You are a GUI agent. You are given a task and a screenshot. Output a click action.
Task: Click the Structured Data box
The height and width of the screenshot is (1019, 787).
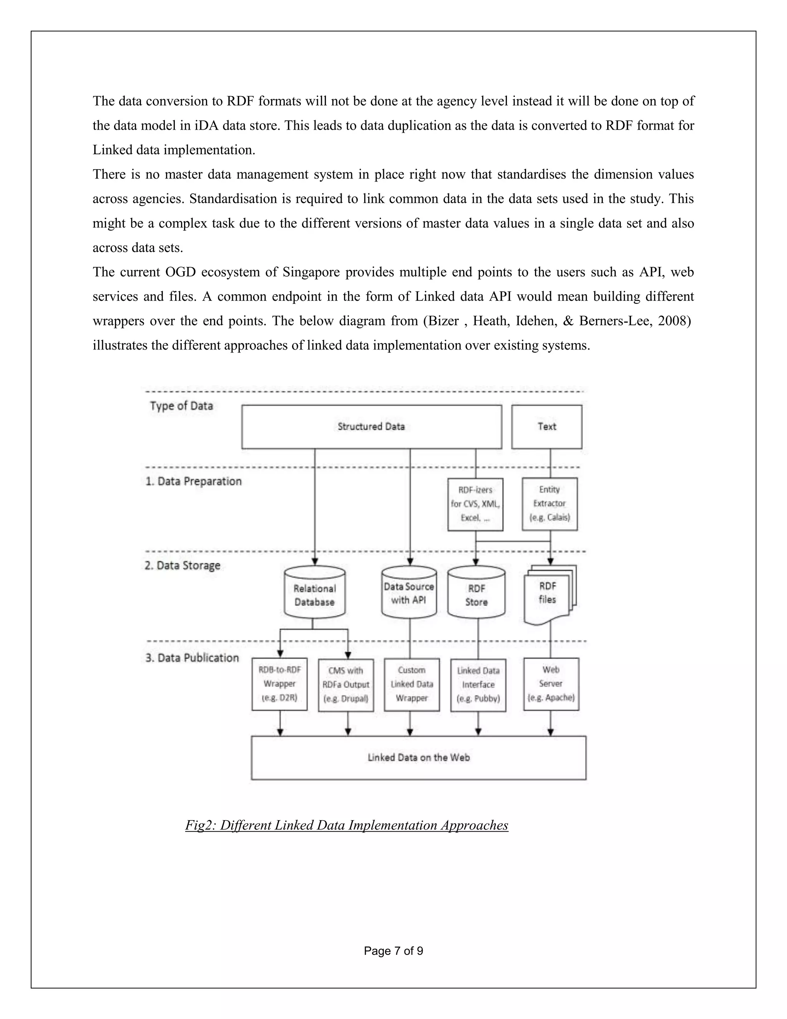click(x=372, y=426)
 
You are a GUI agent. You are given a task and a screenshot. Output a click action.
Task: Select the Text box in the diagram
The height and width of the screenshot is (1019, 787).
click(x=546, y=426)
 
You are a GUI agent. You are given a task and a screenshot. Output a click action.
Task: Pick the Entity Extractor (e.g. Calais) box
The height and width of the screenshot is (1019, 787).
click(x=550, y=504)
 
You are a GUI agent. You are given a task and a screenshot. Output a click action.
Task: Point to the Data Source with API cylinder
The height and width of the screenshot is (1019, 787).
click(x=409, y=593)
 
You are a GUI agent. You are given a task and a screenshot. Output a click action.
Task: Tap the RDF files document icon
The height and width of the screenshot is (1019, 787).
click(x=548, y=594)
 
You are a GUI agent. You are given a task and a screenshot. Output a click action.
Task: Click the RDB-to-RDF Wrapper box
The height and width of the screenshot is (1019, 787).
click(x=279, y=684)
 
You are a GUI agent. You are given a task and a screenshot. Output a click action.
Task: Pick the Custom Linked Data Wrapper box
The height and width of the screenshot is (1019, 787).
click(x=412, y=684)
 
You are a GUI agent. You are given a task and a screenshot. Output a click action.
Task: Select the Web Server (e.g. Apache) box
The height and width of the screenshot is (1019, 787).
click(x=551, y=684)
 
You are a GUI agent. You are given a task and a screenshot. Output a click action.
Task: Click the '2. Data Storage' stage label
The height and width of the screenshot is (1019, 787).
click(x=182, y=566)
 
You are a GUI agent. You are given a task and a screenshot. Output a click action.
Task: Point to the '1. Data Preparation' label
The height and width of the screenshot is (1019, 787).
click(x=194, y=481)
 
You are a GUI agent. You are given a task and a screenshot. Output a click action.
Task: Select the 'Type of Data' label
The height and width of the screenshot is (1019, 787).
click(x=181, y=406)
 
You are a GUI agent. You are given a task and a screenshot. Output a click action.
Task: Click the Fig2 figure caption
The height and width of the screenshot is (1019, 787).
click(x=346, y=825)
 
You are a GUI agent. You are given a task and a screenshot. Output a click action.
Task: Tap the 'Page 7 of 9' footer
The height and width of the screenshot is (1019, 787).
click(x=393, y=951)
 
